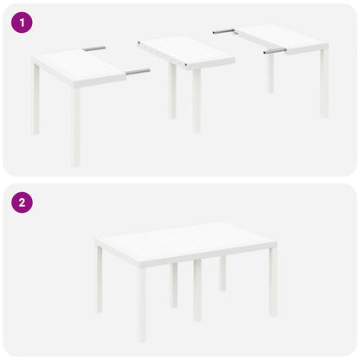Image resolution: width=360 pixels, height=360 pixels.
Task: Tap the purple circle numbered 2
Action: (22, 202)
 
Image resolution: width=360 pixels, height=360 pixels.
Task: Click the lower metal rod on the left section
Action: (137, 71)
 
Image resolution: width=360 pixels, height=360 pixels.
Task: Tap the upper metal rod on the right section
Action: (223, 31)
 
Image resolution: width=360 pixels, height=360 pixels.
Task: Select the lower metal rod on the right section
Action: (274, 51)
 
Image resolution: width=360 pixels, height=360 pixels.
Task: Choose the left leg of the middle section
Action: (173, 91)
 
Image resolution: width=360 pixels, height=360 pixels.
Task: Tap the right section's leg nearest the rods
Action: (271, 74)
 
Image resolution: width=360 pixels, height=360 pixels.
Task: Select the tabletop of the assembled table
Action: (186, 242)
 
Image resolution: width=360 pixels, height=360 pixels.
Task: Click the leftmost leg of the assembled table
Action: (99, 279)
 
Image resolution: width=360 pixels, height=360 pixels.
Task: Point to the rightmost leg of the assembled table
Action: (273, 281)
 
